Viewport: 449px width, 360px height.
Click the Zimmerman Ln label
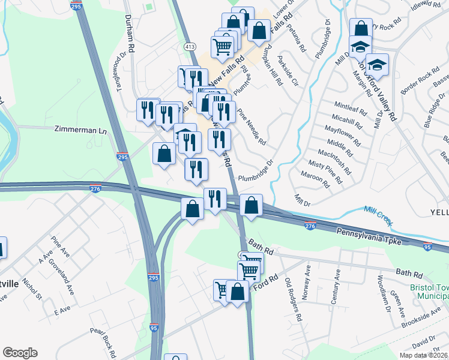coord(80,129)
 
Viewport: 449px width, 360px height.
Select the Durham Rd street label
coord(130,33)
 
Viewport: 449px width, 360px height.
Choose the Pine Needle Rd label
coord(252,127)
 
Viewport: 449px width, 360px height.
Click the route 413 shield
coord(190,46)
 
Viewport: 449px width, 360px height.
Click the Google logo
coord(20,353)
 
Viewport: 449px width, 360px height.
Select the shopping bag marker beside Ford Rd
coord(238,292)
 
